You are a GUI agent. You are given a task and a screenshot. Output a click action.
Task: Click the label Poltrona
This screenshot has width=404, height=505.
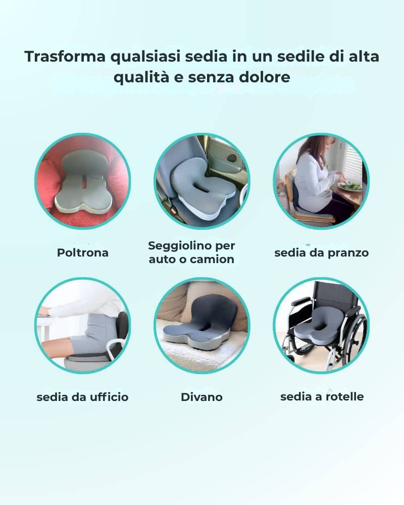point(82,252)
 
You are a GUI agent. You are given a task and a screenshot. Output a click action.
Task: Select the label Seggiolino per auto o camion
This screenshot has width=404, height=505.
point(191,252)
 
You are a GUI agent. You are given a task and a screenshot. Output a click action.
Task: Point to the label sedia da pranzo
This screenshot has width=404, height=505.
point(321,252)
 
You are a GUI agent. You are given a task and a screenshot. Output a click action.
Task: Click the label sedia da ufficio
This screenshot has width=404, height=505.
point(82,397)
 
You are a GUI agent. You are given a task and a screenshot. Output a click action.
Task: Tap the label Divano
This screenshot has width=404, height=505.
point(201,397)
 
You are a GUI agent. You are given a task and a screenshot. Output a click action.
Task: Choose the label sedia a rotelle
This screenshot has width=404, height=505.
point(322,396)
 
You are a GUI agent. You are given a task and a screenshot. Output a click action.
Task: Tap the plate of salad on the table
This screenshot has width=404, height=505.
point(350,186)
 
